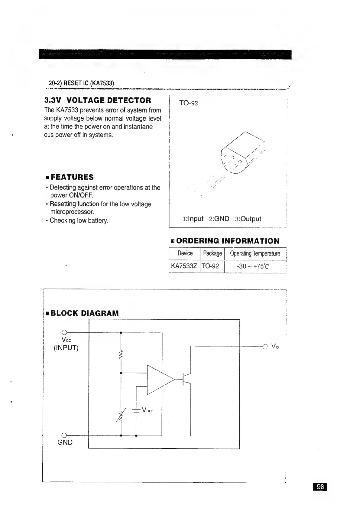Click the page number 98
(320, 487)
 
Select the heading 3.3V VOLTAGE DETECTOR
(98, 100)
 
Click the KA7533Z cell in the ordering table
(184, 266)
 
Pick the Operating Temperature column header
(255, 253)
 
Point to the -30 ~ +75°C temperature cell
(253, 266)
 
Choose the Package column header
(212, 253)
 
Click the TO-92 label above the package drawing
(189, 103)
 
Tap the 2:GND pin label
(219, 219)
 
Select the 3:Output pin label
(248, 219)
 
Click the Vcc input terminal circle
(64, 332)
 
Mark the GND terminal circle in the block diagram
(64, 436)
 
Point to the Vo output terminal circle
(265, 346)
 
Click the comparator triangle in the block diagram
(159, 380)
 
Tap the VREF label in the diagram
(148, 411)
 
